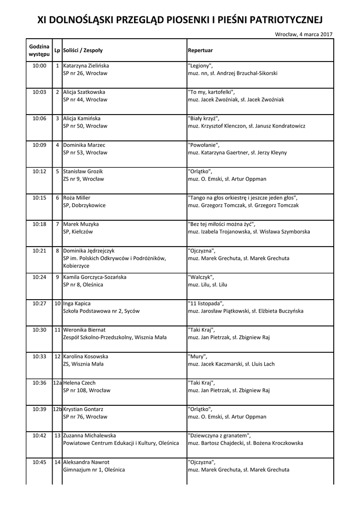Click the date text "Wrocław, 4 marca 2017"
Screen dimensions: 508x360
pos(303,34)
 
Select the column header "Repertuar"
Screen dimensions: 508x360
pos(200,51)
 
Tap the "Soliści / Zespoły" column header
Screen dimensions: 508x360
pos(83,51)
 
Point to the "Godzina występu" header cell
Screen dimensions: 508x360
pos(39,50)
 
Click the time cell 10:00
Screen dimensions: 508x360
pos(39,65)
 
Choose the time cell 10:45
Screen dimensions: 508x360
pos(39,462)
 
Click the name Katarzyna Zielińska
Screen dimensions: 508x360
pos(86,65)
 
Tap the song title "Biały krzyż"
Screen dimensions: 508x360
pos(203,119)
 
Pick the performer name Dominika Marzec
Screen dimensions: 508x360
pos(84,145)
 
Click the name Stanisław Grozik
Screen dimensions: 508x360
pos(83,171)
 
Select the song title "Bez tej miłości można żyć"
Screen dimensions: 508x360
pos(221,224)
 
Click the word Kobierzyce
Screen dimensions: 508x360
pos(76,266)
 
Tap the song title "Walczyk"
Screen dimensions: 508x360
pos(201,277)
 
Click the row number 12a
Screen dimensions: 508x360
pos(58,382)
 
